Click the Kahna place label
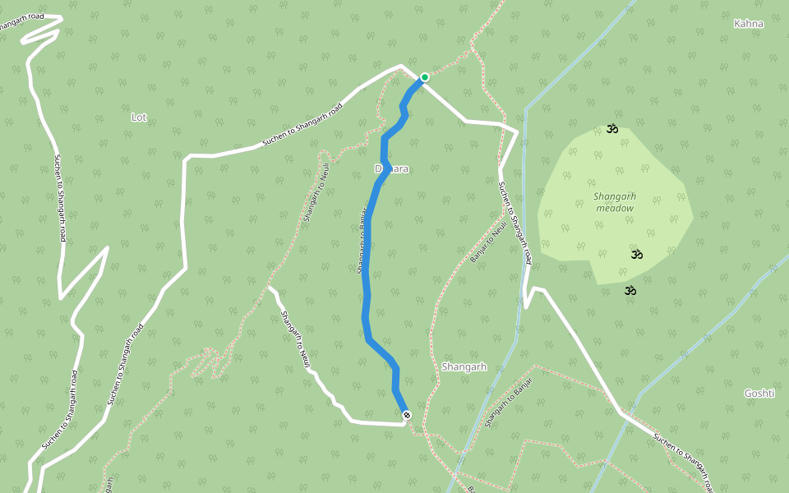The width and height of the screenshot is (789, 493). (748, 24)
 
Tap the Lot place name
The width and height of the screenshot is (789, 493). (139, 117)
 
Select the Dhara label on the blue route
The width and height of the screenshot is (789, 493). (391, 168)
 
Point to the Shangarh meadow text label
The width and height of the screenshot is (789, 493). (615, 202)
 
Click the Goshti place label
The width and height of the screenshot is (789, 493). (759, 394)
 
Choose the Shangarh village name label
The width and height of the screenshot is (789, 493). (464, 366)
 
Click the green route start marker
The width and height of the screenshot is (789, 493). (425, 77)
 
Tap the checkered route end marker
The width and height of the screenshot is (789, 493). (406, 416)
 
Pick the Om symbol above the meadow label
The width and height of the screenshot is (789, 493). (611, 128)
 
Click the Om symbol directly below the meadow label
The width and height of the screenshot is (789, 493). (636, 254)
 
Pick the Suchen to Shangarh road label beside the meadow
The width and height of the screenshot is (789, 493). (515, 222)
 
